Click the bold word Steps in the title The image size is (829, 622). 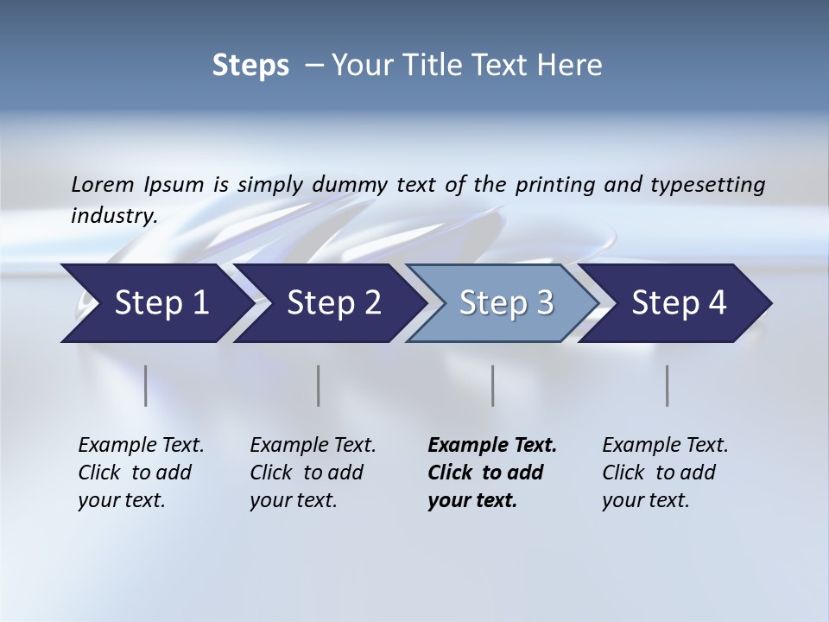(x=250, y=65)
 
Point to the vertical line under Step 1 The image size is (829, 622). (x=146, y=385)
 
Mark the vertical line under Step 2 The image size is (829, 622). (x=319, y=385)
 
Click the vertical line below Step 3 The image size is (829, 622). (x=492, y=385)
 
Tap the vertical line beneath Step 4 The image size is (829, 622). (x=667, y=385)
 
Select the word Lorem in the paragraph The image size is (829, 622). (x=103, y=184)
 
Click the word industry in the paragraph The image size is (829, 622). (x=113, y=215)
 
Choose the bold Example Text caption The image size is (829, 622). (x=492, y=472)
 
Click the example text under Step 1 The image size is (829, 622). (x=141, y=472)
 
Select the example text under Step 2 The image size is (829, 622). (x=313, y=472)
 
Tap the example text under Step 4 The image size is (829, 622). (x=665, y=472)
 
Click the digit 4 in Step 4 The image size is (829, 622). (x=717, y=302)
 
